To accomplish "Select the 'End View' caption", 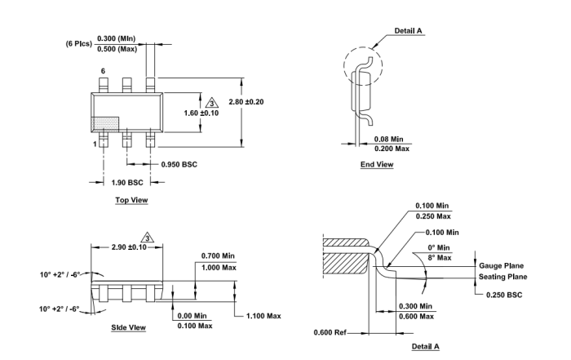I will coord(377,165).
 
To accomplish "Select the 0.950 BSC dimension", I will coord(179,163).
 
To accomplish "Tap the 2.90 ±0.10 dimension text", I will coord(118,246).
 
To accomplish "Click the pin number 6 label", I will coord(103,72).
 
